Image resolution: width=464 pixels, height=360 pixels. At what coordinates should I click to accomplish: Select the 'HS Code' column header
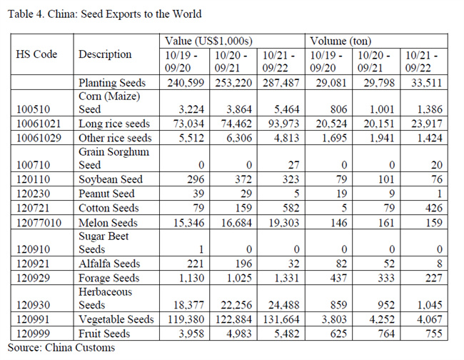(x=36, y=54)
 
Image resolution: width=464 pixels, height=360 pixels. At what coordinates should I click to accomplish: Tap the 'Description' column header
(x=105, y=54)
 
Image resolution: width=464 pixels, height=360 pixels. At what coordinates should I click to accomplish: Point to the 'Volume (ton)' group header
(x=341, y=41)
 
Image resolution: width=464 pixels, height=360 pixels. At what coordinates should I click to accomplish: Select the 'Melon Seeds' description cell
(x=109, y=223)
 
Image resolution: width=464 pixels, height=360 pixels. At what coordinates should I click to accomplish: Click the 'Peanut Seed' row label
(x=107, y=194)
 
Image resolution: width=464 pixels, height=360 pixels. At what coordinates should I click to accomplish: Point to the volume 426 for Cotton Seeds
(x=430, y=208)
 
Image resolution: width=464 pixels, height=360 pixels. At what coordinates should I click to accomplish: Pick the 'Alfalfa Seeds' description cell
(x=110, y=264)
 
